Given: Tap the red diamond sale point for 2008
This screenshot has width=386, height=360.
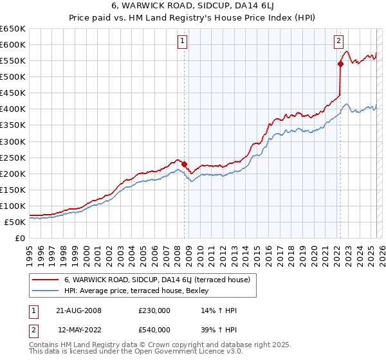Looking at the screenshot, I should click(184, 164).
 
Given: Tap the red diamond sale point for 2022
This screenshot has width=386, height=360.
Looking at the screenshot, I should click(340, 64).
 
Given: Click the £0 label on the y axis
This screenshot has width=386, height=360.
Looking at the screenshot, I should click(20, 238).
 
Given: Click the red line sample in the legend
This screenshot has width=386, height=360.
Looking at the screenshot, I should click(45, 280).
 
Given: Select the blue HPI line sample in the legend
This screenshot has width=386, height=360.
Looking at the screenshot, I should click(45, 290).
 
